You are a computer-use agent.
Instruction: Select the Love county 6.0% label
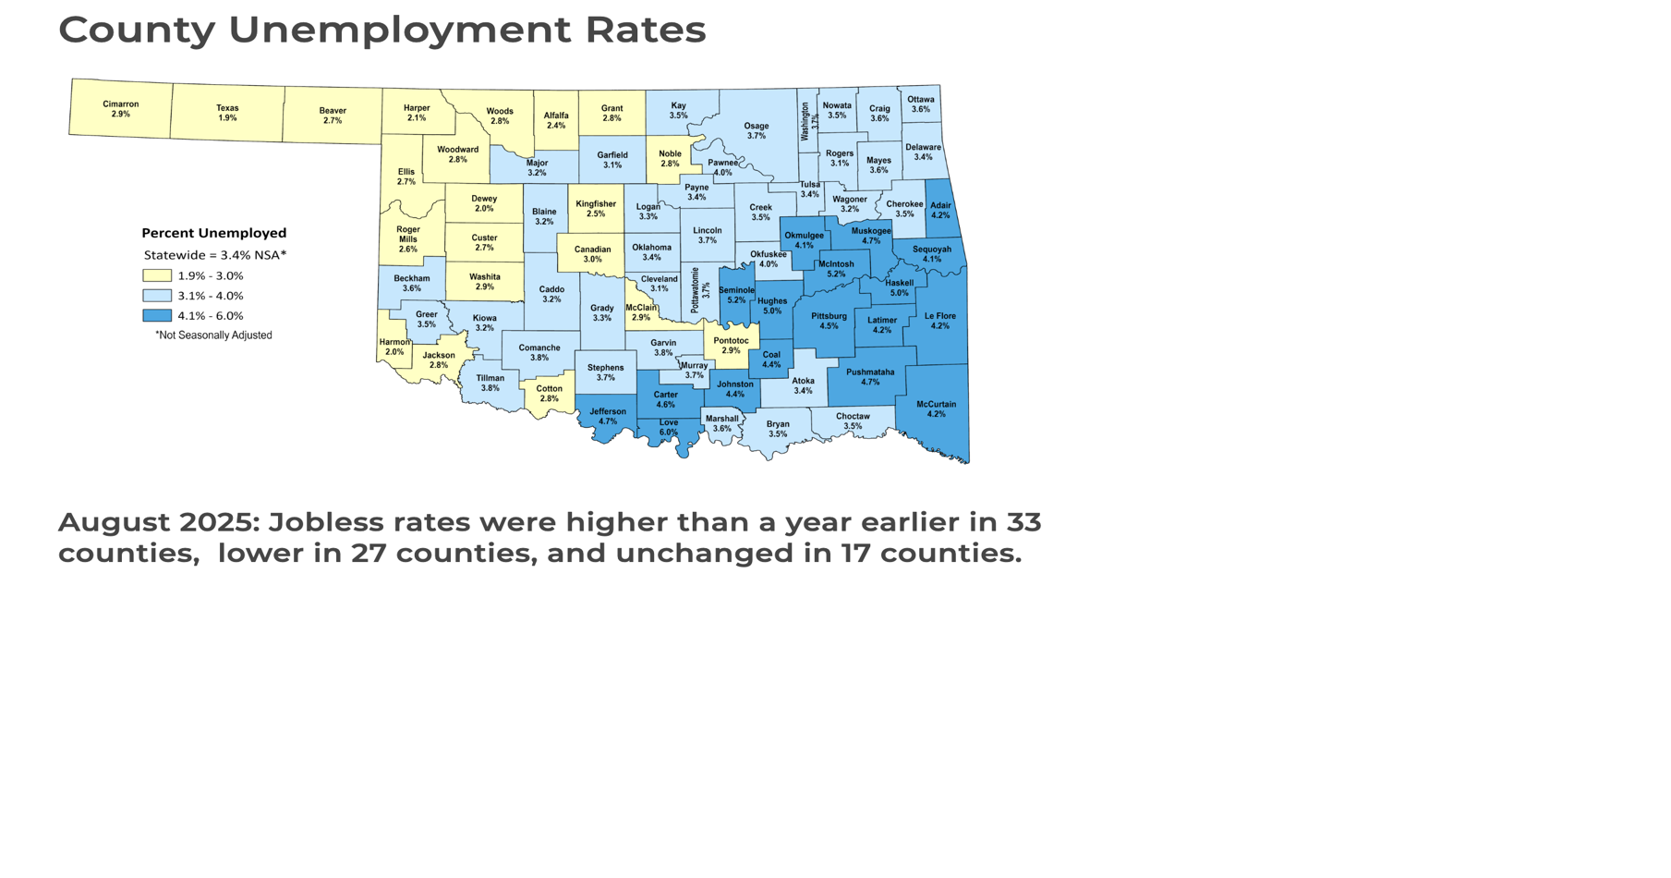668,428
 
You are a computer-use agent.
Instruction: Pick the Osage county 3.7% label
756,131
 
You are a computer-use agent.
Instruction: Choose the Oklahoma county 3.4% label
651,252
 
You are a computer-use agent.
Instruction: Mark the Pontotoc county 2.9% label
731,346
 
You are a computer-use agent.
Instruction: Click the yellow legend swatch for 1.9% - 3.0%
157,275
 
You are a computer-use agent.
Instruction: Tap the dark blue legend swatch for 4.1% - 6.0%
157,315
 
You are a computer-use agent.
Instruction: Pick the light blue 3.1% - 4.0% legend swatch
157,296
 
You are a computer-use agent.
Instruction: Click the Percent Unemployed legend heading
213,233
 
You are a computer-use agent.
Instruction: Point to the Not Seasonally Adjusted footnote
213,335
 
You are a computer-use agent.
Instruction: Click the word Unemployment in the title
399,30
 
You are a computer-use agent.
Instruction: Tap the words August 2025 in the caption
156,522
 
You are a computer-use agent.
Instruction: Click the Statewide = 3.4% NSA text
214,255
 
